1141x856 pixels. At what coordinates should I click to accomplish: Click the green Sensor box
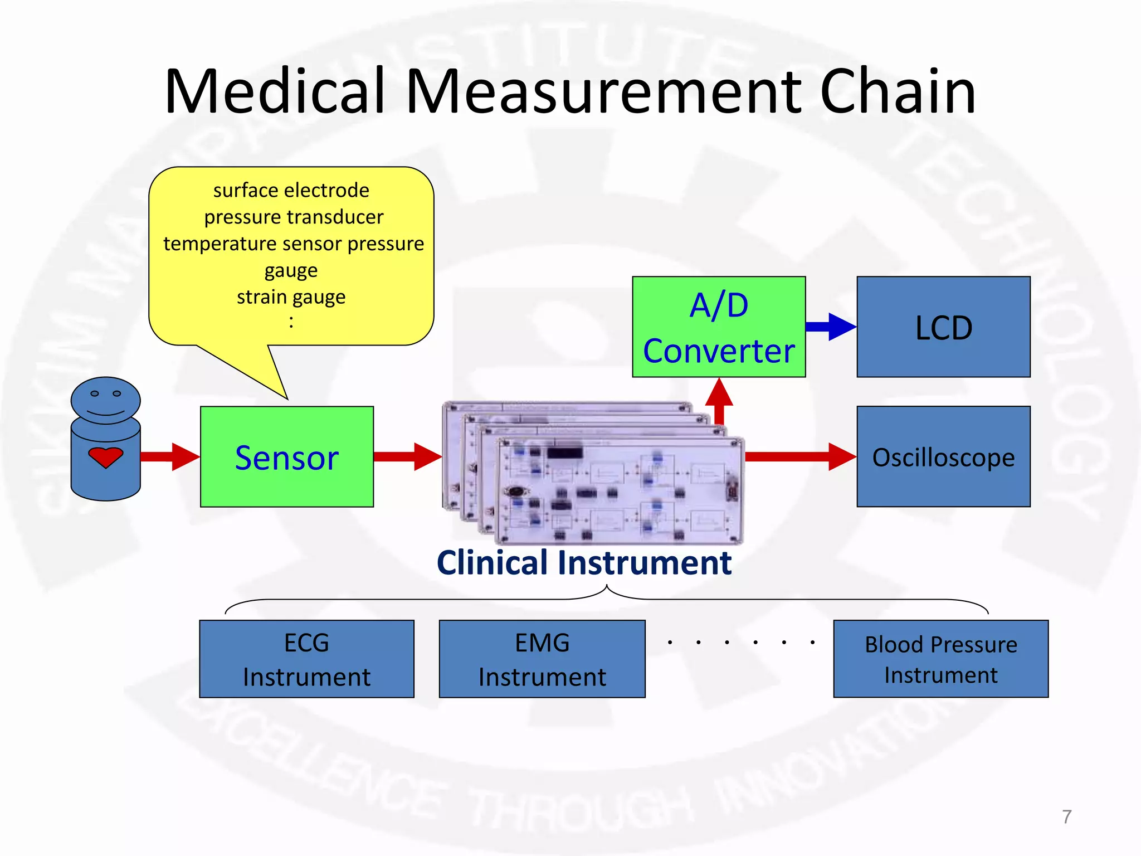point(286,456)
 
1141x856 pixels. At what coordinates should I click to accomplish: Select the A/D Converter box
point(719,327)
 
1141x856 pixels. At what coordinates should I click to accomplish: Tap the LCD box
point(943,327)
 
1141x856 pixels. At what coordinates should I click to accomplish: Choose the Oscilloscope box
point(943,456)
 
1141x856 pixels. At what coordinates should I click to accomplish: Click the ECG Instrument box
point(306,659)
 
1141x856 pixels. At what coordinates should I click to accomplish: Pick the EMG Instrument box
point(542,659)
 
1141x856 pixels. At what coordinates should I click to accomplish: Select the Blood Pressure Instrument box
point(940,659)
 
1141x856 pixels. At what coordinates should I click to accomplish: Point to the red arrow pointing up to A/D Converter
point(719,398)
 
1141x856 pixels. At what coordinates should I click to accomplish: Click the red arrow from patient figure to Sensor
point(170,456)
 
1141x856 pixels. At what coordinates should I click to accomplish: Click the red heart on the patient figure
point(105,457)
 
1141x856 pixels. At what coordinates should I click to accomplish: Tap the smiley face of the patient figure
point(105,400)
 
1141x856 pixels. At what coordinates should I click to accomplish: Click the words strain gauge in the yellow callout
point(291,297)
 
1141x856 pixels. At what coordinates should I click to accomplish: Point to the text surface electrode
point(291,191)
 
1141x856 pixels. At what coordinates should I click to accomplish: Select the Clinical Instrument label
point(584,562)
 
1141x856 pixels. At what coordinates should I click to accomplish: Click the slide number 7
point(1066,816)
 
